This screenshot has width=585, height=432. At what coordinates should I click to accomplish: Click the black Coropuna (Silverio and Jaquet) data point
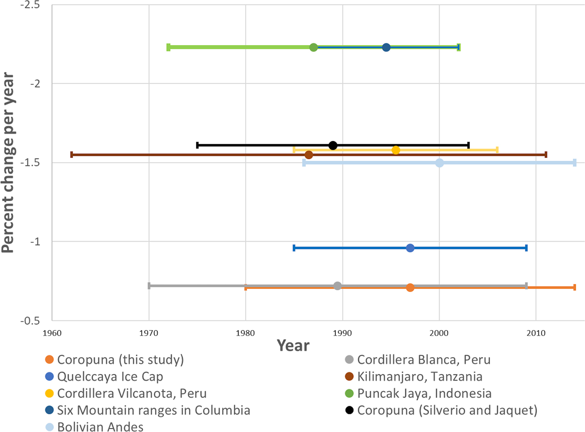click(x=333, y=145)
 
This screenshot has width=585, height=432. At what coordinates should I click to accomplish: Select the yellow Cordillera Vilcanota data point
click(x=396, y=150)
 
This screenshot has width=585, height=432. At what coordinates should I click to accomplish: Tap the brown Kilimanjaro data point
click(x=309, y=155)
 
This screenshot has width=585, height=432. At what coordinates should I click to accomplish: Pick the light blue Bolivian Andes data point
click(x=439, y=163)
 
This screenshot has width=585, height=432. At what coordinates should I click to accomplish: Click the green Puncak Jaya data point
click(x=313, y=47)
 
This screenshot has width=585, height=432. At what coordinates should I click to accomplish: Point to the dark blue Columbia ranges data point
click(x=386, y=47)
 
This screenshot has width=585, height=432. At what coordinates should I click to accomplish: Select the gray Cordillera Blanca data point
click(x=338, y=286)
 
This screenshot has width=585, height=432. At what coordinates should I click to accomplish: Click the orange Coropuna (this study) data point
click(x=410, y=287)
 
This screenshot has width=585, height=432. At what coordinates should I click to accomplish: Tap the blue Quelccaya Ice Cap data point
click(x=410, y=248)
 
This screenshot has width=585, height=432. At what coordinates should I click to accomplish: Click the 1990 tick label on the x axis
click(x=342, y=333)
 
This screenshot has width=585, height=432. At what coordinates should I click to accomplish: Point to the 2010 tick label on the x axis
click(x=536, y=333)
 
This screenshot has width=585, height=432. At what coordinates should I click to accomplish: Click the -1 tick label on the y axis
click(x=35, y=241)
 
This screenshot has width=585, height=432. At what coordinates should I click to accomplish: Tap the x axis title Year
click(x=293, y=346)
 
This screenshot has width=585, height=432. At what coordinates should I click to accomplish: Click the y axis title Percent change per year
click(x=8, y=163)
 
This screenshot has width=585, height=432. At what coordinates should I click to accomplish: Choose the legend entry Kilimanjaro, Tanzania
click(x=420, y=376)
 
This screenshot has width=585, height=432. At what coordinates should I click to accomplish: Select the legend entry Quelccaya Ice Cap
click(x=110, y=376)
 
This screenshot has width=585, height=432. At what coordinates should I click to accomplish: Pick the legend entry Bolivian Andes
click(x=100, y=427)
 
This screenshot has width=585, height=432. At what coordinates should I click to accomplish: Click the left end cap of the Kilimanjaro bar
click(x=72, y=155)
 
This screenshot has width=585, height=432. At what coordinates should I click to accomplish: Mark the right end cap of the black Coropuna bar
click(x=468, y=145)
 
